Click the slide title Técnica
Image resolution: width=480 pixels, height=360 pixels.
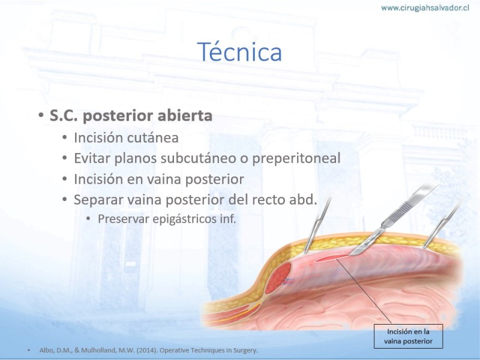(x=239, y=52)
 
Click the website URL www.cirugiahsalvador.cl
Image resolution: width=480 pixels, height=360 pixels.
(x=425, y=8)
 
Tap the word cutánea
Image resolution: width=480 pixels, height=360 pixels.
(x=152, y=137)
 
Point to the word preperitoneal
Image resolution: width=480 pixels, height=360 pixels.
(x=296, y=158)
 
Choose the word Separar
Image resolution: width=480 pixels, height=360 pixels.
(x=98, y=200)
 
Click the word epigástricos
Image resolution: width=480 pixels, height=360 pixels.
(x=185, y=219)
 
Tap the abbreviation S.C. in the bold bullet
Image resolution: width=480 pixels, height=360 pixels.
(x=64, y=116)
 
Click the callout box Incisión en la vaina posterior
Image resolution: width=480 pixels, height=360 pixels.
(x=408, y=336)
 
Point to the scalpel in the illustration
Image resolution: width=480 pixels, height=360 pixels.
(x=395, y=220)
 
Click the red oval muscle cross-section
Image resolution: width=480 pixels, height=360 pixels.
(x=278, y=278)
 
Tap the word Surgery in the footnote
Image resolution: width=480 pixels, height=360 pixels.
(x=247, y=350)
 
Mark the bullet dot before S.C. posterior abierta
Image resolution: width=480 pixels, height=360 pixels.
(x=41, y=115)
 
